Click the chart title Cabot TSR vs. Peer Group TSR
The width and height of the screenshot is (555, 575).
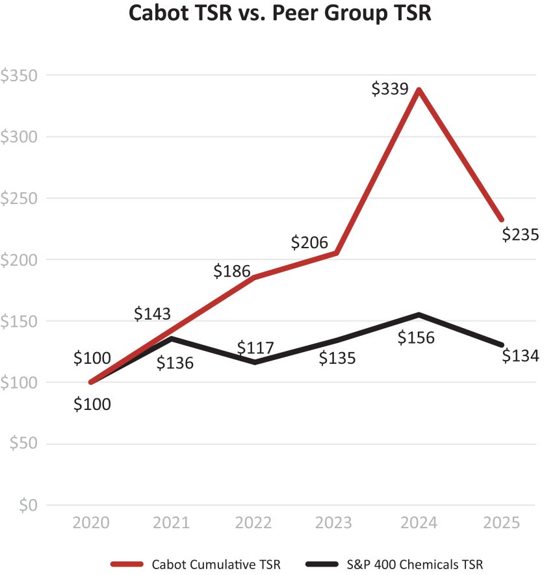tap(279, 14)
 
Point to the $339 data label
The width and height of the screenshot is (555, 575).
tap(389, 90)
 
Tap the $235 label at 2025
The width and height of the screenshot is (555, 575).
tap(521, 234)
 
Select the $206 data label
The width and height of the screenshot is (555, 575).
tap(309, 242)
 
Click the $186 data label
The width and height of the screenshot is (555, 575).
tap(232, 271)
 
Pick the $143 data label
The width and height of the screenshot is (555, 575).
tap(153, 313)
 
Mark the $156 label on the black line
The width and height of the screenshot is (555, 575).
tap(416, 338)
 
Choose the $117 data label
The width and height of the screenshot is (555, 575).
tap(255, 348)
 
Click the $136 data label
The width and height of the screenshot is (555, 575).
tap(175, 363)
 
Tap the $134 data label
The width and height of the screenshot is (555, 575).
tap(521, 355)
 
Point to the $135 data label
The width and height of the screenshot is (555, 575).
tap(337, 358)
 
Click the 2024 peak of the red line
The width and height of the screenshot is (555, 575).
tap(420, 90)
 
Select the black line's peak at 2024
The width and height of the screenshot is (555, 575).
tap(420, 314)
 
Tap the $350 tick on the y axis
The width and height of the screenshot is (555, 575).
tap(19, 75)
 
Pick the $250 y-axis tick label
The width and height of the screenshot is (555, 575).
tap(19, 198)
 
